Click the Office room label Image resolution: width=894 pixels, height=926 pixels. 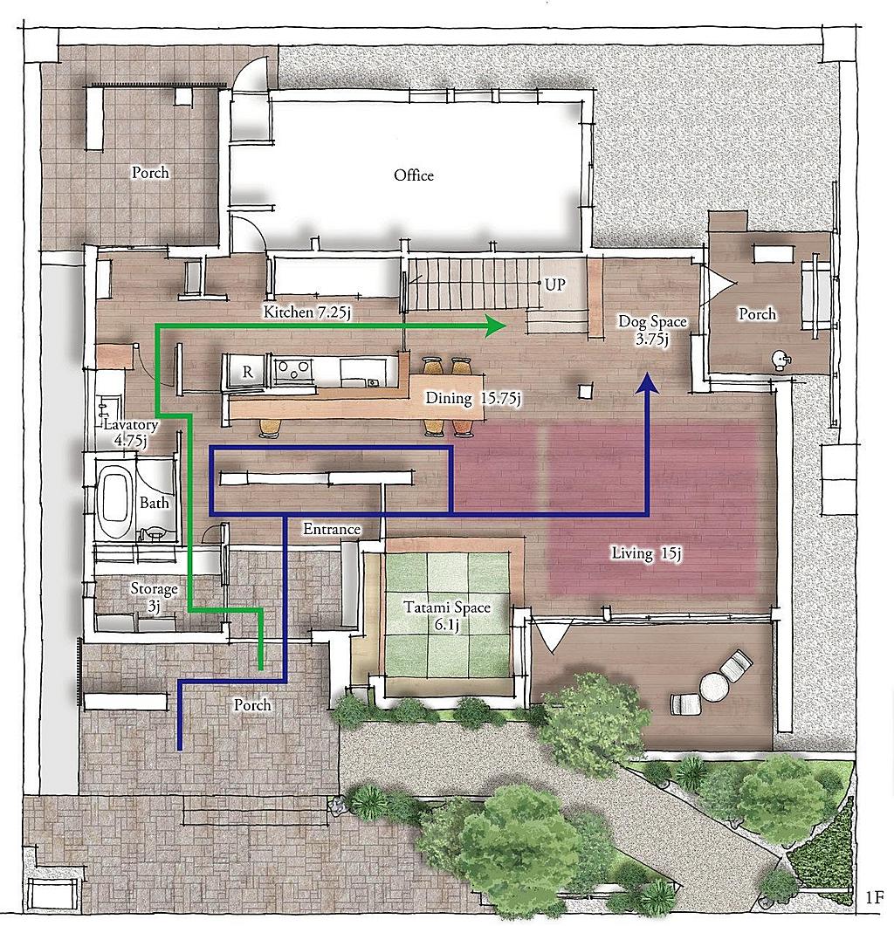coord(414,175)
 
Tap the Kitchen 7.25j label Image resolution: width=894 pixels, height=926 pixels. coord(307,312)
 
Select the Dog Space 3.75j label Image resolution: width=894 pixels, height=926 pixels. coord(652,330)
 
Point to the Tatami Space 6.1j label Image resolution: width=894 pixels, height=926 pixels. coord(447,616)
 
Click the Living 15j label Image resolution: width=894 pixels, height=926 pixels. coord(646,553)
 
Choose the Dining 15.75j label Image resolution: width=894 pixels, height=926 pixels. coord(472,398)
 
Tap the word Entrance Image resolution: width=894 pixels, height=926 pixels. coord(332,529)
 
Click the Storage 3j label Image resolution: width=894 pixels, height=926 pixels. coord(155,597)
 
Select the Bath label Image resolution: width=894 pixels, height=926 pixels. coord(155,503)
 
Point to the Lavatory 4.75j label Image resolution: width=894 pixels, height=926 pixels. coord(131,432)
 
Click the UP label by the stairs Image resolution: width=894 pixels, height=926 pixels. coord(555,285)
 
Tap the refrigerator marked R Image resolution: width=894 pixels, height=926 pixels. coord(247,372)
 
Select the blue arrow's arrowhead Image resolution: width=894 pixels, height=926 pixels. coord(648,383)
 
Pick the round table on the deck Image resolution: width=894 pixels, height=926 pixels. coord(714,687)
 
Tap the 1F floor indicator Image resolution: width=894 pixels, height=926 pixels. coord(875,898)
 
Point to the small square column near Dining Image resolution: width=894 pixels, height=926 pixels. coord(585,391)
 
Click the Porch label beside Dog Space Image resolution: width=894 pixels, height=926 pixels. coord(757,313)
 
